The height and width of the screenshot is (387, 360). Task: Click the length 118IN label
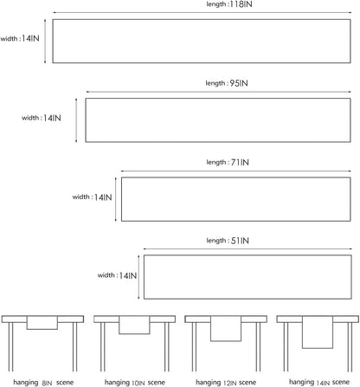click(229, 4)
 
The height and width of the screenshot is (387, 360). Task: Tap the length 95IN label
click(227, 83)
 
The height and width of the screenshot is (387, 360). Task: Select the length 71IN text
click(228, 162)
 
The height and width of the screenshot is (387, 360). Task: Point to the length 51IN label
click(228, 241)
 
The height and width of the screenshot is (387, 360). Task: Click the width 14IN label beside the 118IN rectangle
click(20, 38)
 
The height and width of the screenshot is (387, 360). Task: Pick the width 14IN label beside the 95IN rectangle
click(42, 118)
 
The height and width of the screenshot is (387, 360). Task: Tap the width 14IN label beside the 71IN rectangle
click(92, 197)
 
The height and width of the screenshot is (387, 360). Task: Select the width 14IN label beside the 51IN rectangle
click(117, 275)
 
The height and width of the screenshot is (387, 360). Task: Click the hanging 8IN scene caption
click(43, 383)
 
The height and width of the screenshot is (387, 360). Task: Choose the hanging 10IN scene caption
click(135, 383)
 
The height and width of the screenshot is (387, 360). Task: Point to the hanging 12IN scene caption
click(226, 383)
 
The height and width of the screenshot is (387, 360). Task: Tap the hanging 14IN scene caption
click(319, 383)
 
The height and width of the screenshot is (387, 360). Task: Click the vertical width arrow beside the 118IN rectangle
click(45, 41)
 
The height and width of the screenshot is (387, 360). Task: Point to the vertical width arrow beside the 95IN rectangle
click(76, 120)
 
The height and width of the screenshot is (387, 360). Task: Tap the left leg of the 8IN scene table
click(10, 347)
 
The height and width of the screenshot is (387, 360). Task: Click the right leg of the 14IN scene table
click(350, 347)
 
